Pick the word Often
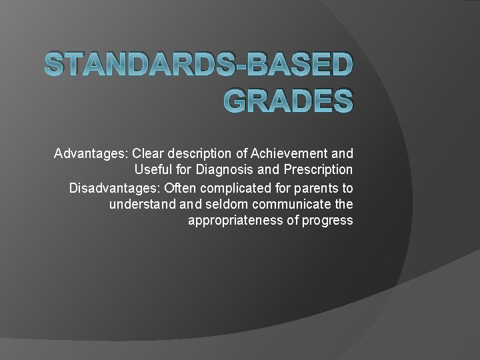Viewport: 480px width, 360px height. [x=180, y=187]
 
